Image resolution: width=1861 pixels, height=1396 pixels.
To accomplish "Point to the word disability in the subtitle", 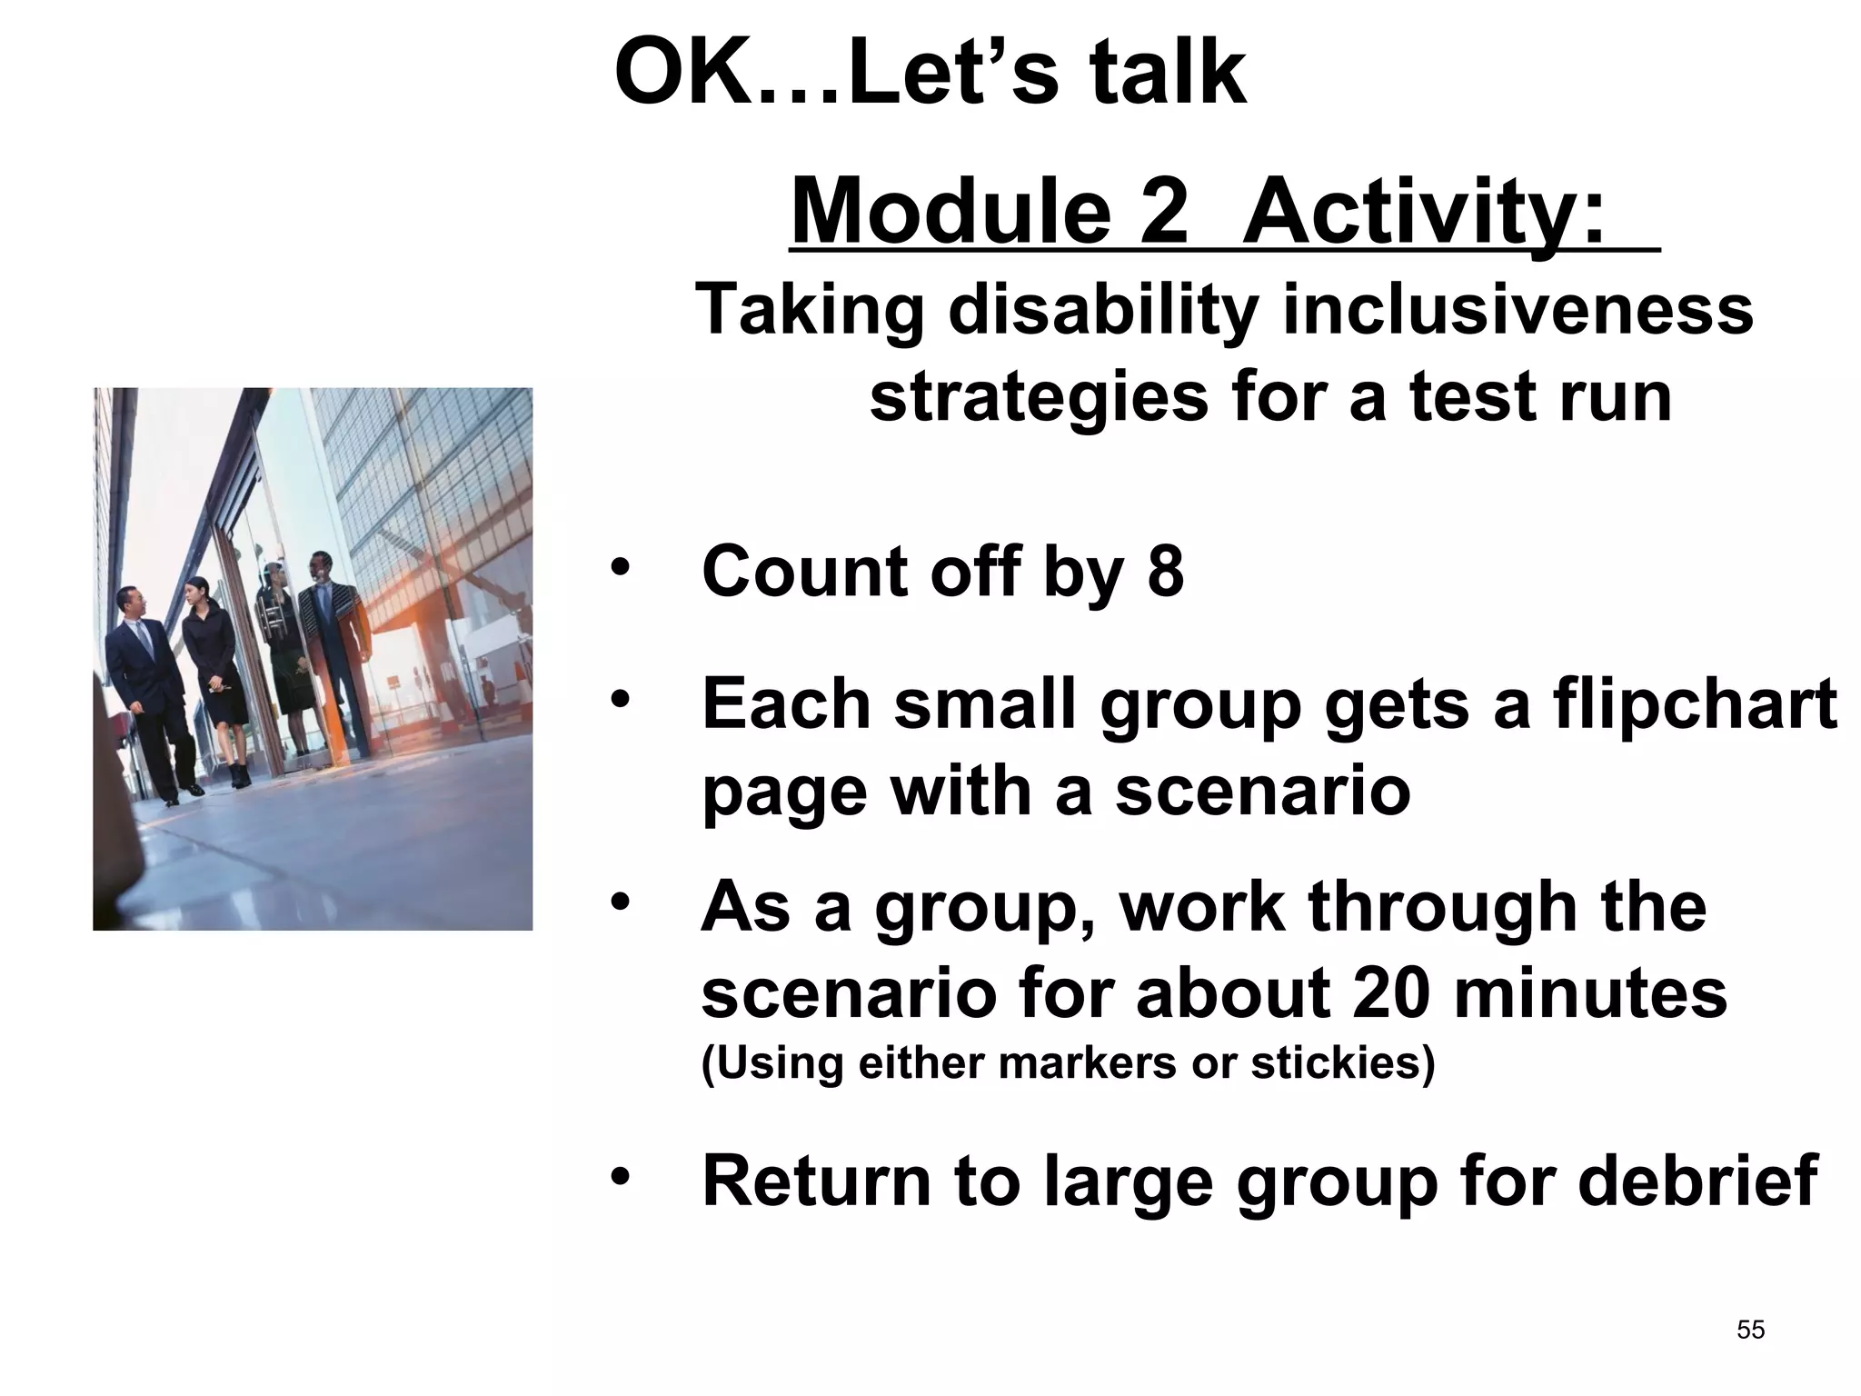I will (x=1103, y=311).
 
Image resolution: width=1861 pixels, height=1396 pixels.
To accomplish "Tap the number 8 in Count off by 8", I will (x=1166, y=572).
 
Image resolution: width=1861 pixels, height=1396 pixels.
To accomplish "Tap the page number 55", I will (x=1750, y=1330).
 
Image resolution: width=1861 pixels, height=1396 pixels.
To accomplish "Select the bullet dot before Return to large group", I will (x=620, y=1178).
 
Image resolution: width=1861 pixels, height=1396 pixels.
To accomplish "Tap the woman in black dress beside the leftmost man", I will (x=214, y=677).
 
